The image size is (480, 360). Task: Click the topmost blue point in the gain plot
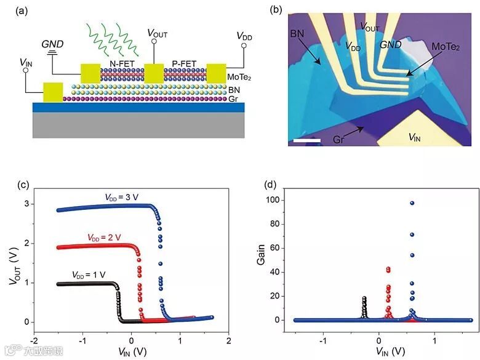point(378,203)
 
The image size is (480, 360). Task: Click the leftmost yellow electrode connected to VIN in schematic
point(52,92)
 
